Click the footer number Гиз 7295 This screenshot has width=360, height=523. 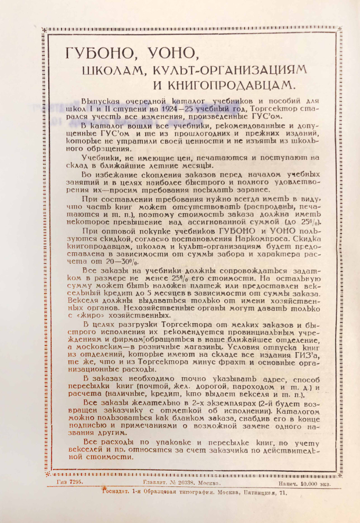[x=70, y=482]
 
